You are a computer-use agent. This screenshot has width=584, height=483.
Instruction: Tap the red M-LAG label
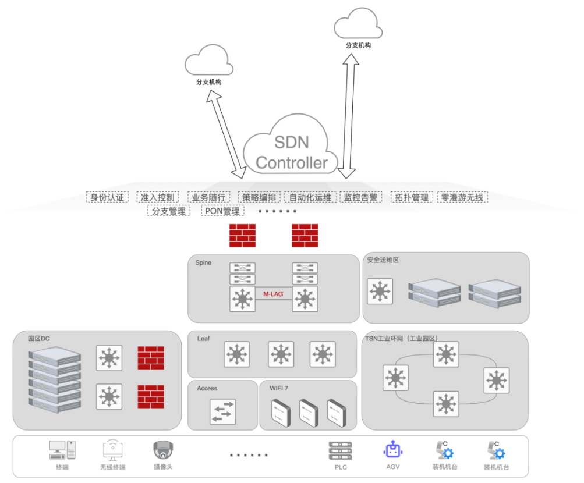pyautogui.click(x=273, y=294)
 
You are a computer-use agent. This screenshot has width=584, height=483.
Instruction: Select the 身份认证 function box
pyautogui.click(x=107, y=197)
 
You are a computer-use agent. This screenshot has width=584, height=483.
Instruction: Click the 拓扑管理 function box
pyautogui.click(x=412, y=197)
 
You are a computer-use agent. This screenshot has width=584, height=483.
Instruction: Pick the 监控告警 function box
pyautogui.click(x=360, y=197)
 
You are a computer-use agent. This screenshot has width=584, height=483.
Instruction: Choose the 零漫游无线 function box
pyautogui.click(x=462, y=197)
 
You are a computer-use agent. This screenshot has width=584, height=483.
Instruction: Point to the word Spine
pyautogui.click(x=204, y=263)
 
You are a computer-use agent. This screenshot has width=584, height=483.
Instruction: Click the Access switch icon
pyautogui.click(x=222, y=411)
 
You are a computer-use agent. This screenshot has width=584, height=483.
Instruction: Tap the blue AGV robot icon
pyautogui.click(x=392, y=449)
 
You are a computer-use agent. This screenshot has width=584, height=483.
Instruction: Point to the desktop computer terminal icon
pyautogui.click(x=62, y=450)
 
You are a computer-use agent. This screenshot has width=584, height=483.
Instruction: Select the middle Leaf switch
pyautogui.click(x=281, y=354)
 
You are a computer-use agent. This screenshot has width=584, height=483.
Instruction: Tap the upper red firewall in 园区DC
pyautogui.click(x=150, y=358)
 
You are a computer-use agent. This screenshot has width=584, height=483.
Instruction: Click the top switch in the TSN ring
pyautogui.click(x=446, y=354)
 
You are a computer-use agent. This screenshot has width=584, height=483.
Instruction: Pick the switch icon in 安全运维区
pyautogui.click(x=380, y=291)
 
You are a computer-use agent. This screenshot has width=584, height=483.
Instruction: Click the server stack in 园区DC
pyautogui.click(x=55, y=378)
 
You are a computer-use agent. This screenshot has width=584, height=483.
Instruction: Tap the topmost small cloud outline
pyautogui.click(x=358, y=24)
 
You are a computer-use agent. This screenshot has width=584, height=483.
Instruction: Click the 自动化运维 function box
pyautogui.click(x=310, y=197)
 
